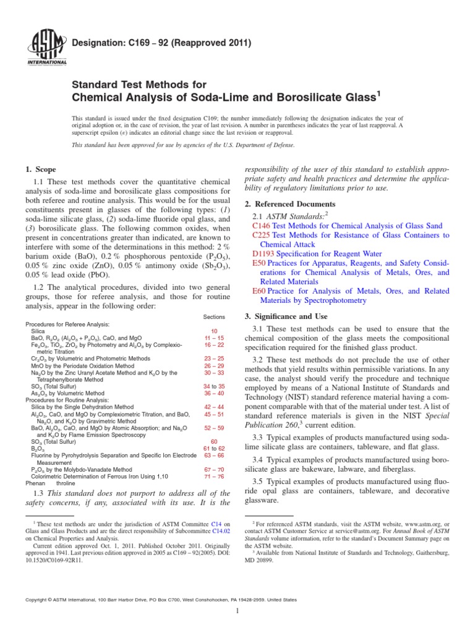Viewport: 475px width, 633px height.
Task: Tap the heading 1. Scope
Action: [x=41, y=169]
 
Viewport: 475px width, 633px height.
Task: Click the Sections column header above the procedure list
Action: [x=214, y=316]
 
